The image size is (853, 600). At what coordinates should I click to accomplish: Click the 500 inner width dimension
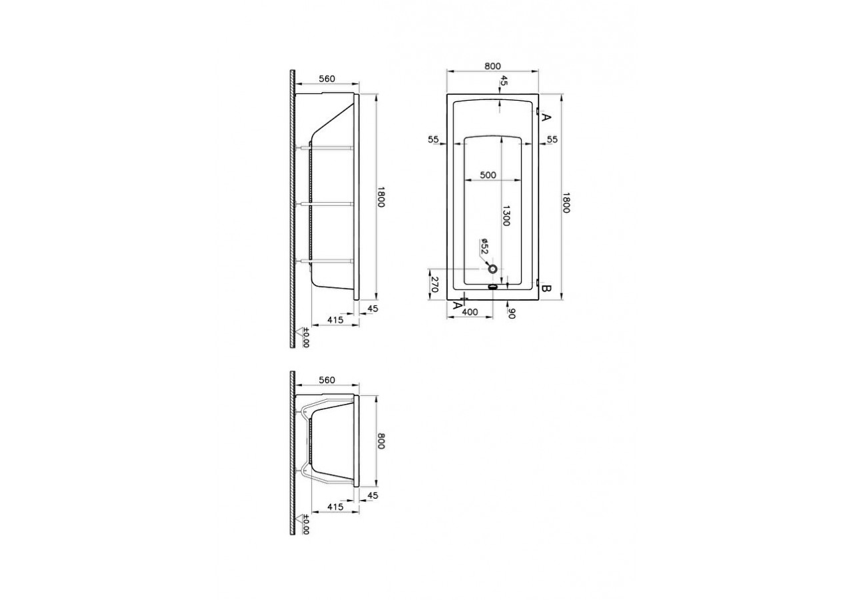tap(488, 175)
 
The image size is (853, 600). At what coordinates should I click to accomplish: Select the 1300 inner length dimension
tap(506, 215)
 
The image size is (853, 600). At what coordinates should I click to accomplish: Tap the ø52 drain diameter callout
tap(484, 247)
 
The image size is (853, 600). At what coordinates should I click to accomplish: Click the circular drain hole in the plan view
tap(493, 269)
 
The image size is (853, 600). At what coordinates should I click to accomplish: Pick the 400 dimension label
tap(470, 311)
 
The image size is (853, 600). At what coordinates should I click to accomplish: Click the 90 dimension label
tap(512, 312)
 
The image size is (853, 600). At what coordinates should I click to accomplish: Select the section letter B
tap(545, 289)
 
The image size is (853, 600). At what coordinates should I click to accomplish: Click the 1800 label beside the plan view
tap(566, 203)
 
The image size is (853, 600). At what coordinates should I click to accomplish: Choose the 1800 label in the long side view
tap(381, 197)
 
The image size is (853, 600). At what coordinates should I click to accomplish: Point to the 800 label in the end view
tap(381, 440)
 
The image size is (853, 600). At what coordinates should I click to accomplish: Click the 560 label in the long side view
tap(327, 79)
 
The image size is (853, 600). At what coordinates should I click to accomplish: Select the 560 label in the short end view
tap(327, 380)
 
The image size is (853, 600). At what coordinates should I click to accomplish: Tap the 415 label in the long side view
tap(336, 321)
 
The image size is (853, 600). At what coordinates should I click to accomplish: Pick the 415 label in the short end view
tap(336, 507)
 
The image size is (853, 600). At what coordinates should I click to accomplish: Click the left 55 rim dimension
tap(433, 139)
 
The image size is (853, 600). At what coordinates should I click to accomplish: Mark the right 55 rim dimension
tap(552, 139)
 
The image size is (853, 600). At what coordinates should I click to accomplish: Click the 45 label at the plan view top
tap(504, 81)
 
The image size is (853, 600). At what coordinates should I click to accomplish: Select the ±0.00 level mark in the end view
tap(306, 524)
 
